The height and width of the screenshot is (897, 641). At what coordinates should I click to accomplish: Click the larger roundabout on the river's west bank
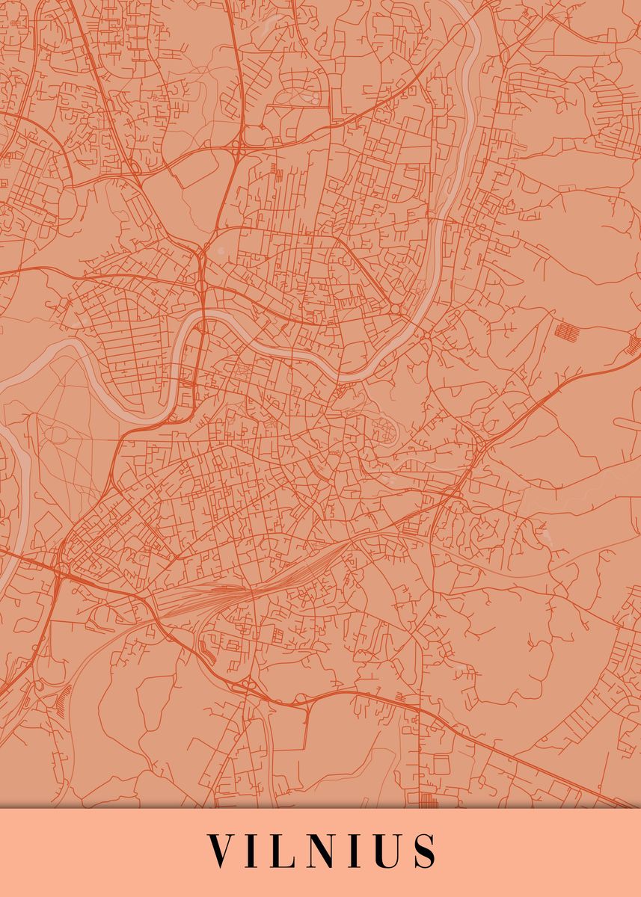coord(395,309)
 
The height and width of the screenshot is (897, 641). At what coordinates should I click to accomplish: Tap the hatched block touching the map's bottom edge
coord(427,801)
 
